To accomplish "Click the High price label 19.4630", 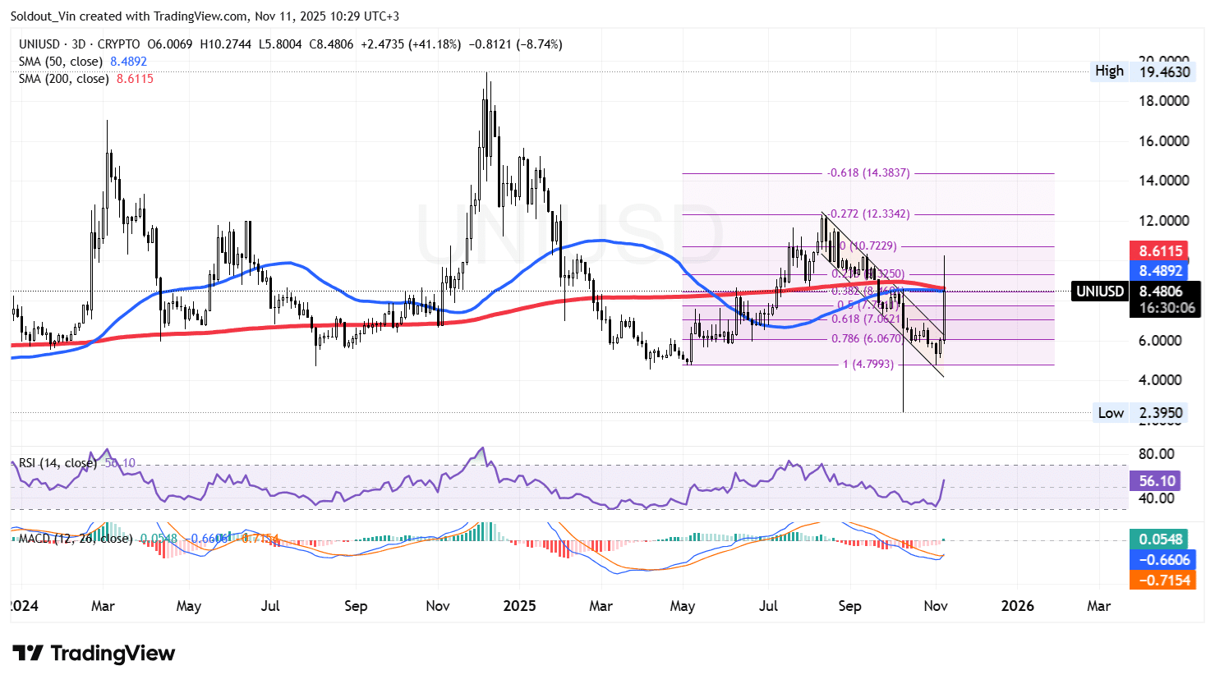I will tap(1164, 72).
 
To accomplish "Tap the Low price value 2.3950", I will tap(1161, 413).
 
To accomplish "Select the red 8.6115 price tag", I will tap(1161, 251).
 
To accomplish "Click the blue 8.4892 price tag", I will tap(1161, 271).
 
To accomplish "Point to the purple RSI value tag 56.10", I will tap(1157, 481).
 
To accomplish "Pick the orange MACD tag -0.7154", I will tap(1161, 580).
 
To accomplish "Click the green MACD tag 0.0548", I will tap(1161, 539).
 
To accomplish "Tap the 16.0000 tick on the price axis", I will tap(1163, 141).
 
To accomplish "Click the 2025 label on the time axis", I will tap(519, 606).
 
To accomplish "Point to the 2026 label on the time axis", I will tap(1017, 606).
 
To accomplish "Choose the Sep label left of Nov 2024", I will tap(356, 606).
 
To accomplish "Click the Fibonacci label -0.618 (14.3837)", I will tap(868, 173).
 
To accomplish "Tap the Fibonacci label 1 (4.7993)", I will tap(868, 364).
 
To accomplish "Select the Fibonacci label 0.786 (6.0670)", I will tap(867, 338).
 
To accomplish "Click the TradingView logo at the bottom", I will tap(94, 654).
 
